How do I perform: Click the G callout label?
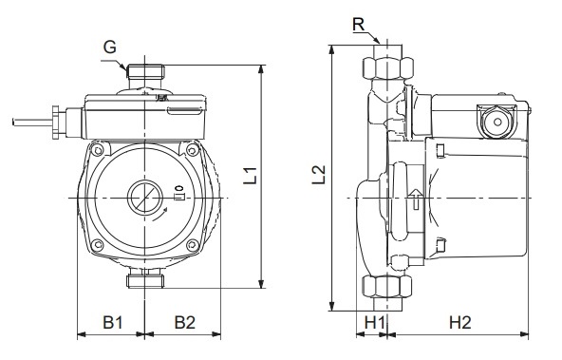pyautogui.click(x=110, y=47)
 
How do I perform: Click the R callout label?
pyautogui.click(x=358, y=25)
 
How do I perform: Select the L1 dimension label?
pyautogui.click(x=251, y=176)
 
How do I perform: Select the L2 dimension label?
pyautogui.click(x=318, y=174)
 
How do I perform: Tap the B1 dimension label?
pyautogui.click(x=113, y=322)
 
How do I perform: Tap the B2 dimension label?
pyautogui.click(x=185, y=322)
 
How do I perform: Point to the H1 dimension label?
pyautogui.click(x=375, y=322)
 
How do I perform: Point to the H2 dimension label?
pyautogui.click(x=459, y=322)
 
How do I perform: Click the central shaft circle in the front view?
pyautogui.click(x=145, y=198)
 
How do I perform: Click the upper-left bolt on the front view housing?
pyautogui.click(x=97, y=149)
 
